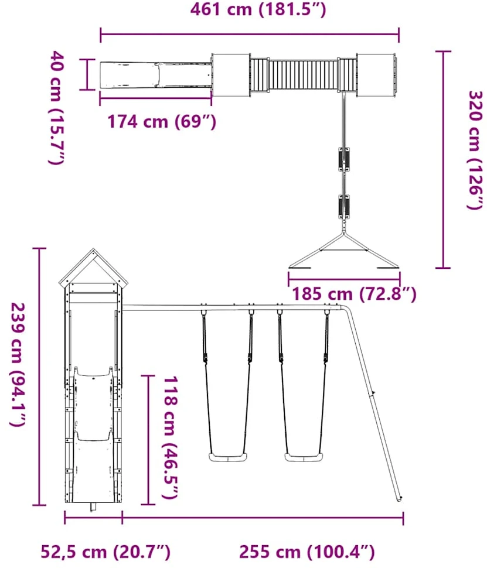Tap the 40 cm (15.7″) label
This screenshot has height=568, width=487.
point(57,108)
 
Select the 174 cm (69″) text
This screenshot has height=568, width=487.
point(162,121)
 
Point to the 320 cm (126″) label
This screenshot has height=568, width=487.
point(475,150)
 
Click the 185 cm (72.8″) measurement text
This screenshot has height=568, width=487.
point(355,294)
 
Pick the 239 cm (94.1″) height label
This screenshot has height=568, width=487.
point(18,364)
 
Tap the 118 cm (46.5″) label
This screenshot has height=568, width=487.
point(169,437)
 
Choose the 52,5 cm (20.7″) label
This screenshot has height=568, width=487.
point(105,552)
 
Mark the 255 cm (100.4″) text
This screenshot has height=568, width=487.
point(306,552)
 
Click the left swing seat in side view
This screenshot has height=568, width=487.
point(228,457)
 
